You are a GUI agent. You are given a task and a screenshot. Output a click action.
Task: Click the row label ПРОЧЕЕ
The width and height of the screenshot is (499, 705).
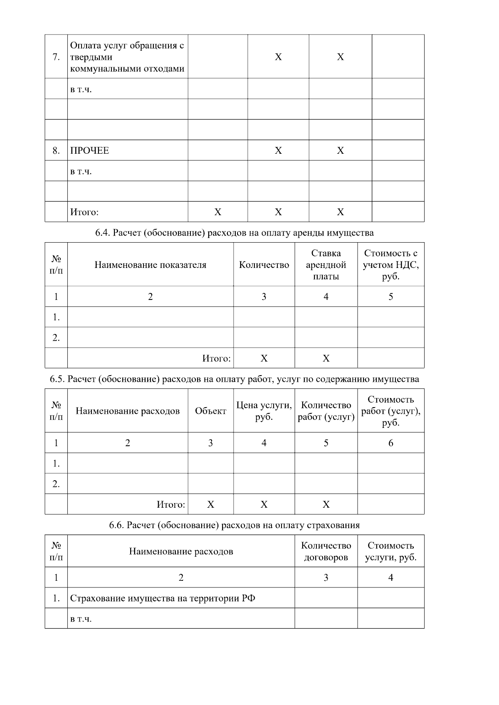coord(89,150)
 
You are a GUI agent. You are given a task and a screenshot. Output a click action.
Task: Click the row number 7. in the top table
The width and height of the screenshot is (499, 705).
coord(56,57)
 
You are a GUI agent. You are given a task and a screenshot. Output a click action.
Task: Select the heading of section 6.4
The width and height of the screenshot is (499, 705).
coord(235,233)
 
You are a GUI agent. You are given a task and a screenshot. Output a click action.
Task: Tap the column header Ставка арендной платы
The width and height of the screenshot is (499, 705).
coord(326,265)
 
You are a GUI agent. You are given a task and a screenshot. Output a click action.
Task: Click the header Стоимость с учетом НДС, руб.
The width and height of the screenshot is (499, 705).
coord(390,265)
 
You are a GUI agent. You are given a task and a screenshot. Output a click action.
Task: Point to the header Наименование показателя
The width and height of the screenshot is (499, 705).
coord(150,265)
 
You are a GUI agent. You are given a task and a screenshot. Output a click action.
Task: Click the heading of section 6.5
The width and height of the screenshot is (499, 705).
coord(235,379)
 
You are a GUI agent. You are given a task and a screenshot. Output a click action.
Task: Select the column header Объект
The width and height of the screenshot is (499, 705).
coord(210,411)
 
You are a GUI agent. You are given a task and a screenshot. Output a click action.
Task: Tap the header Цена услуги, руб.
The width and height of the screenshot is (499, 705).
coord(264,411)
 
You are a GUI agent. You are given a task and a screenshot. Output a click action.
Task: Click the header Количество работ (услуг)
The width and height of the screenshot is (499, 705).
coord(326,411)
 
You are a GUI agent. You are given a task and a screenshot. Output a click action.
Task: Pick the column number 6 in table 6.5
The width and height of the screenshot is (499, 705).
coord(390,443)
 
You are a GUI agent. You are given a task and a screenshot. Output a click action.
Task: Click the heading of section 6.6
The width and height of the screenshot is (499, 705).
coord(235,525)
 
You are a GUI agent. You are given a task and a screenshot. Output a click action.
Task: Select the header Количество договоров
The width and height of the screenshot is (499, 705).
coord(326,551)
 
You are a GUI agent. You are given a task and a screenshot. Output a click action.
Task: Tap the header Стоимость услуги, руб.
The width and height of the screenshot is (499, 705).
coord(390,551)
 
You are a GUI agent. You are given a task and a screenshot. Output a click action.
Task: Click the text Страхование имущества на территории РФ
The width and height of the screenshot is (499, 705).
coord(163,598)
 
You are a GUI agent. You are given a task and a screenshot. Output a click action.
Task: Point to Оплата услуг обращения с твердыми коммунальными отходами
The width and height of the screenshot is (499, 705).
coord(127,57)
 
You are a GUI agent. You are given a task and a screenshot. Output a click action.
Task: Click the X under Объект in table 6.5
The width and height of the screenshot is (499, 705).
coord(210,504)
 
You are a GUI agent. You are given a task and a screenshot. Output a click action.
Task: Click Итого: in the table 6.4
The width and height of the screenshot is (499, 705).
coord(216,358)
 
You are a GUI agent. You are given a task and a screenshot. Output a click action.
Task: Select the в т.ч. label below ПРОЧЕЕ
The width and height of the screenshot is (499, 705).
coord(81,171)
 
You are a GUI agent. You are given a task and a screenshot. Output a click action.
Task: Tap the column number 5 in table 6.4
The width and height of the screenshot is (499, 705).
coord(390,297)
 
